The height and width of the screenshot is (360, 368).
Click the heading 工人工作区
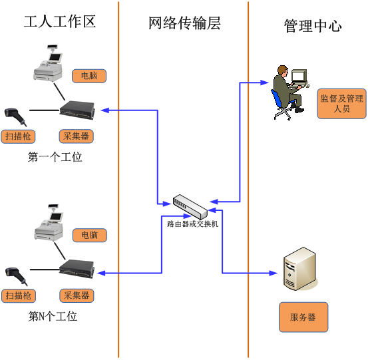point(60,21)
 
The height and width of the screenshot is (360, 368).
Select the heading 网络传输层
point(184,23)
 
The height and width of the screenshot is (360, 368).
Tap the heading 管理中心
point(313,26)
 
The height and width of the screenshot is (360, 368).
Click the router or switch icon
point(190,206)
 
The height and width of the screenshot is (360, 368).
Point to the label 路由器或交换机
point(193,224)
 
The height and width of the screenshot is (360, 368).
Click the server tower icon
point(300,269)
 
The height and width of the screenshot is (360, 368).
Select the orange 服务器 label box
point(303,317)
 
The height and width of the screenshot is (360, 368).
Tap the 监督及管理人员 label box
point(342,104)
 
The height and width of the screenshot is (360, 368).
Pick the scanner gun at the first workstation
point(15,116)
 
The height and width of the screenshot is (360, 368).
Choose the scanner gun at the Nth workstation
point(16,276)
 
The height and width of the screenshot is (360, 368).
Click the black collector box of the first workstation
point(77,110)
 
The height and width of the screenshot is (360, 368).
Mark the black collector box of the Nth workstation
point(77,270)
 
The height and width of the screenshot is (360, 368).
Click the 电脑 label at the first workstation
point(89,76)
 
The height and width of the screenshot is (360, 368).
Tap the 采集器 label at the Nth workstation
point(77,295)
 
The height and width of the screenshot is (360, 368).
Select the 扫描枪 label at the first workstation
point(18,136)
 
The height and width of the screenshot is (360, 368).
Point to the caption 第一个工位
point(55,157)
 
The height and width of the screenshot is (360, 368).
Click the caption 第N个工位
point(53,316)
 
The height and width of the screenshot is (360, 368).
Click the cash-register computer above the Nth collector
point(49,222)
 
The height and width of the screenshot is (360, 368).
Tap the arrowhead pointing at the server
point(274,273)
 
